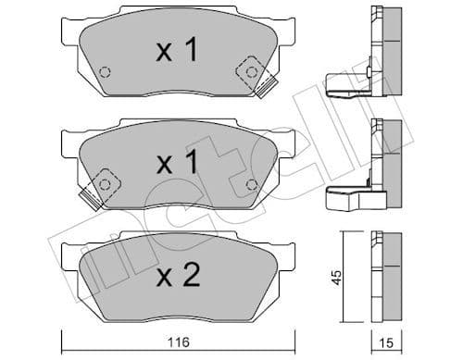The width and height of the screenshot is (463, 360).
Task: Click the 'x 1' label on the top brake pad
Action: tap(176, 52)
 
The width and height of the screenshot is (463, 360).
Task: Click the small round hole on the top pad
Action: tap(105, 72)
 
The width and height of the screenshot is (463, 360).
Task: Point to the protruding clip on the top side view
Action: tap(348, 85)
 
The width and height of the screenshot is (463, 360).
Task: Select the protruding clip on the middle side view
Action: tap(348, 196)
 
